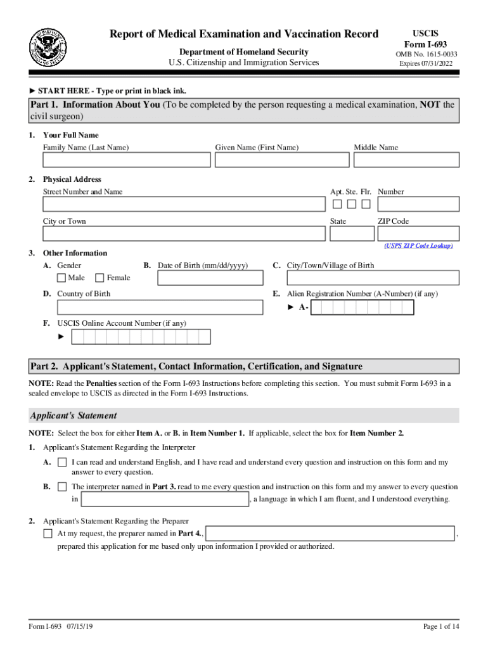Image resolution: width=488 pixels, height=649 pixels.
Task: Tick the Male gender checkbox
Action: click(61, 278)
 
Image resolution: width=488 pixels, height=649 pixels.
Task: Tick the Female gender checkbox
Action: click(100, 278)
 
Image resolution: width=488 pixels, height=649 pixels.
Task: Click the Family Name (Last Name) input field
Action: click(126, 160)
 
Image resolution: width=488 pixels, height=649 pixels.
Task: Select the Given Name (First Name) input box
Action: click(281, 160)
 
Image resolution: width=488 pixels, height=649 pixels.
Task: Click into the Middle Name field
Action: click(406, 160)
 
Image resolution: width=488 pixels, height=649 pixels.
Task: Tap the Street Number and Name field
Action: click(184, 204)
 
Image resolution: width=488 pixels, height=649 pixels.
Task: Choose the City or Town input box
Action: click(184, 233)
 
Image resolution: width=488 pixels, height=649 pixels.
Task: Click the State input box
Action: click(352, 233)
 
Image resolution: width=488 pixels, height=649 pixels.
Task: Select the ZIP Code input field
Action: click(418, 233)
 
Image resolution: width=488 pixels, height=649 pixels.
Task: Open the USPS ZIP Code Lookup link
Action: click(418, 246)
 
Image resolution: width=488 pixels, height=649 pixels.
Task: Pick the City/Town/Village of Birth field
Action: click(373, 278)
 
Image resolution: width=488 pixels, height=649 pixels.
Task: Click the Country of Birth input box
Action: click(160, 307)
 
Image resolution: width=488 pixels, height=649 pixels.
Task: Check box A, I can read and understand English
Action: click(62, 463)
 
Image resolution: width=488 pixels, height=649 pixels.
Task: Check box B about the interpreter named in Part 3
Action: click(62, 487)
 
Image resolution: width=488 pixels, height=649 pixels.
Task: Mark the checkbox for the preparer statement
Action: click(48, 534)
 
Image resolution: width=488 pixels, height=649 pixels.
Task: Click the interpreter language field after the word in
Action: click(165, 499)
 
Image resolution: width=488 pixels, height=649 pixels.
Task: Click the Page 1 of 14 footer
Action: click(440, 627)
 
